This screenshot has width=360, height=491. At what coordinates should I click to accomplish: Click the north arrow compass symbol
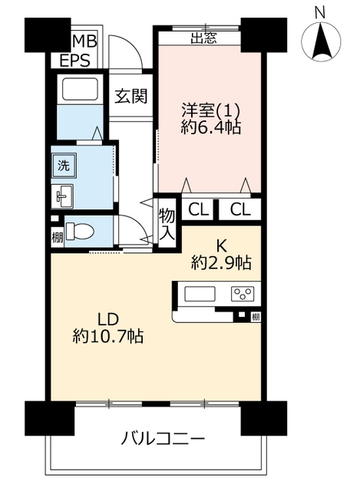click(321, 41)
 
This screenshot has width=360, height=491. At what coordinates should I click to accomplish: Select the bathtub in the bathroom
click(80, 89)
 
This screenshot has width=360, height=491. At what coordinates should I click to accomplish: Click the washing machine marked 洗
click(64, 166)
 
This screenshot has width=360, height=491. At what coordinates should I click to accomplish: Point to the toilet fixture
click(80, 232)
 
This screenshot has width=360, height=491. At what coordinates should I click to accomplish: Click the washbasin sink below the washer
click(62, 196)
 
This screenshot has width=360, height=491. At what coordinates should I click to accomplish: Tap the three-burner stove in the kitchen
click(243, 294)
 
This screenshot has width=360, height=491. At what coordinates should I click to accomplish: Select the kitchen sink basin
click(200, 294)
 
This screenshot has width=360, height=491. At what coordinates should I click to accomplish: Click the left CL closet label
click(198, 209)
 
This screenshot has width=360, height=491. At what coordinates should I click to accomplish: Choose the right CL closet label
click(240, 209)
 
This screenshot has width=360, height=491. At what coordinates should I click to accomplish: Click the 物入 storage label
click(167, 224)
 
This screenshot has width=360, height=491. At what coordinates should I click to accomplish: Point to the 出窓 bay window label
click(203, 38)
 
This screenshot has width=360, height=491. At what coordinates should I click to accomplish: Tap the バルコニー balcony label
click(163, 438)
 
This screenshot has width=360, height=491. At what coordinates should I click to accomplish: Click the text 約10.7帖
click(108, 336)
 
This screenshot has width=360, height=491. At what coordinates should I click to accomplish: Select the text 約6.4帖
click(211, 127)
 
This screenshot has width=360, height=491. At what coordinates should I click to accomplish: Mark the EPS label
click(75, 60)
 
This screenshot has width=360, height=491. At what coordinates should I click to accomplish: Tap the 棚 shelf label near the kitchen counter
click(256, 317)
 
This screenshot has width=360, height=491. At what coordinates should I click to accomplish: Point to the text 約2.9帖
click(222, 263)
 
